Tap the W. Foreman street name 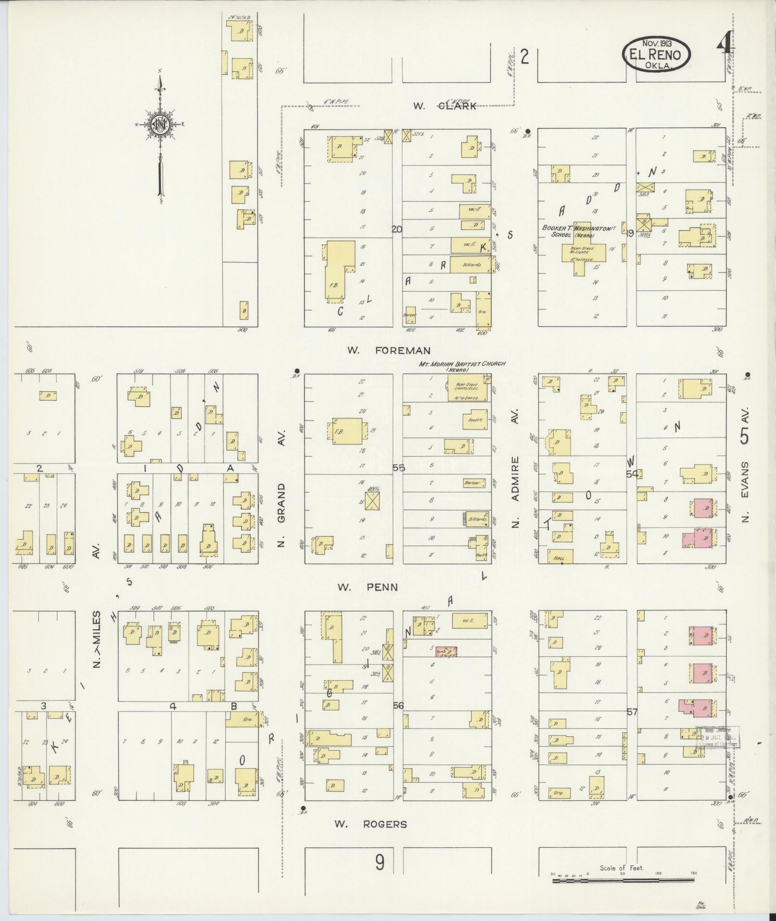(x=389, y=350)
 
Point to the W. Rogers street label (x=370, y=824)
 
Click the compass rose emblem (x=160, y=125)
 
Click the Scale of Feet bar (x=623, y=880)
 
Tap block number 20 (x=396, y=230)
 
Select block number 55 (x=398, y=467)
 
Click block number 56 (x=398, y=706)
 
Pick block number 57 (x=632, y=712)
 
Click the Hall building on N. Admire (x=560, y=557)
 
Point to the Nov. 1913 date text (x=656, y=42)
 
